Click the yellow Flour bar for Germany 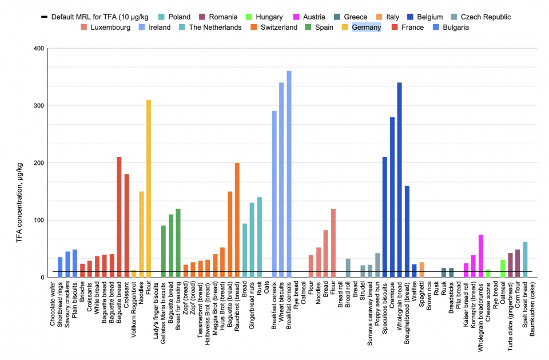(x=149, y=189)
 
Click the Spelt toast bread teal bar (x=525, y=260)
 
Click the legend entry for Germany (x=367, y=27)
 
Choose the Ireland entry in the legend (x=156, y=27)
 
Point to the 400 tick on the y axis (x=38, y=49)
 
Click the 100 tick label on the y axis (x=38, y=220)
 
